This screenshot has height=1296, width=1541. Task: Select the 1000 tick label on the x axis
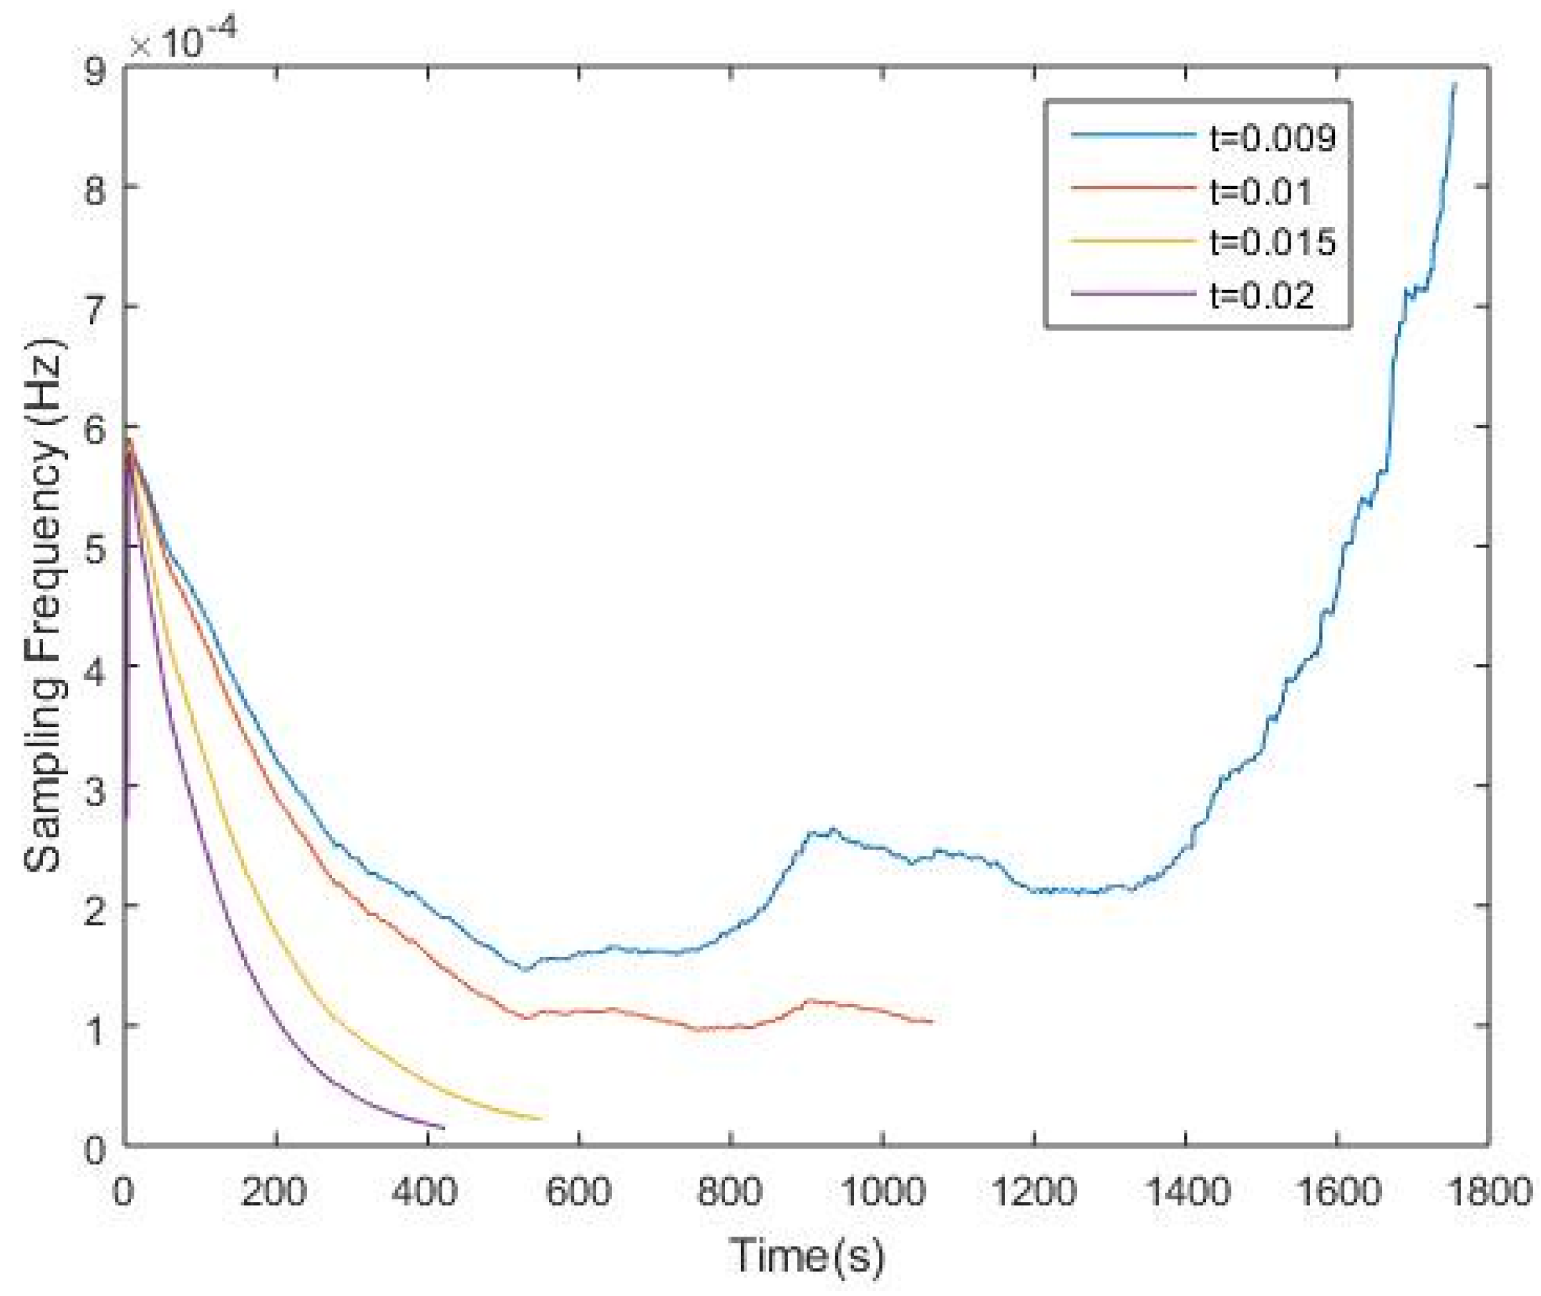(882, 1191)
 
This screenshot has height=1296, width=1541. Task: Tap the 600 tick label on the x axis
(579, 1191)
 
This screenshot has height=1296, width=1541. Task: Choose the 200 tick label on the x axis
(276, 1191)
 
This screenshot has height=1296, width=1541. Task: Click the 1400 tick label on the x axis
(1185, 1191)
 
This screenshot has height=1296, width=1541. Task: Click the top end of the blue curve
(1454, 84)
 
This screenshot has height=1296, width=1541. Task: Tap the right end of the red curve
(932, 1022)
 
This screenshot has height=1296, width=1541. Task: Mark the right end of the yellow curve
(543, 1119)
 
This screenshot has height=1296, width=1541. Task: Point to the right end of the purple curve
(444, 1128)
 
